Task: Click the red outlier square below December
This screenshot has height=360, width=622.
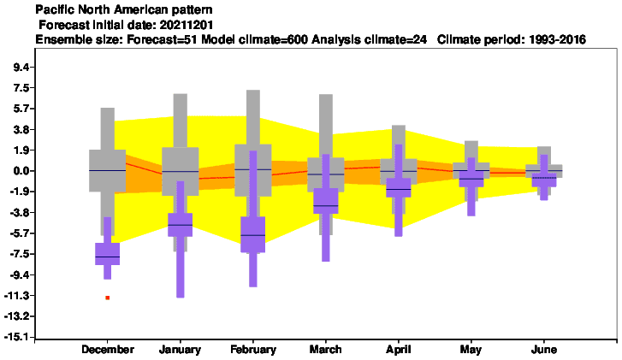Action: (108, 298)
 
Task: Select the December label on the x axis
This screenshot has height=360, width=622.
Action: (108, 350)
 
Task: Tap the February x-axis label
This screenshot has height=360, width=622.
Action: (253, 350)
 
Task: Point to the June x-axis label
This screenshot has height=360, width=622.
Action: (544, 350)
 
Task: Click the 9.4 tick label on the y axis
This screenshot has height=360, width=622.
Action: (21, 67)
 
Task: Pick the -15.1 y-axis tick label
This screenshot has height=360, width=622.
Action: (16, 337)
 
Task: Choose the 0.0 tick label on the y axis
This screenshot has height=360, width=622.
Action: (21, 171)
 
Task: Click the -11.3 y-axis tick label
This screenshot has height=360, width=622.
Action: (16, 295)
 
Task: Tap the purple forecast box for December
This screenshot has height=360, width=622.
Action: (108, 254)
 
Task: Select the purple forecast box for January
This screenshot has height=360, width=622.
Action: (180, 225)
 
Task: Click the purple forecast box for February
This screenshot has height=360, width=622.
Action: (253, 234)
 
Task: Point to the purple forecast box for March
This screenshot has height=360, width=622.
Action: (326, 201)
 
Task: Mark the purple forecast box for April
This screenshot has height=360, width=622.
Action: (399, 187)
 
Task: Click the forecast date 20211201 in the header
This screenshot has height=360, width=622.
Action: (187, 25)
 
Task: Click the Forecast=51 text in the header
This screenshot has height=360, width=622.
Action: (163, 39)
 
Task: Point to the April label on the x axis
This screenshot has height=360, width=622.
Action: (399, 350)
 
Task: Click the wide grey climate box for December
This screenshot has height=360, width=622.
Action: (108, 171)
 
